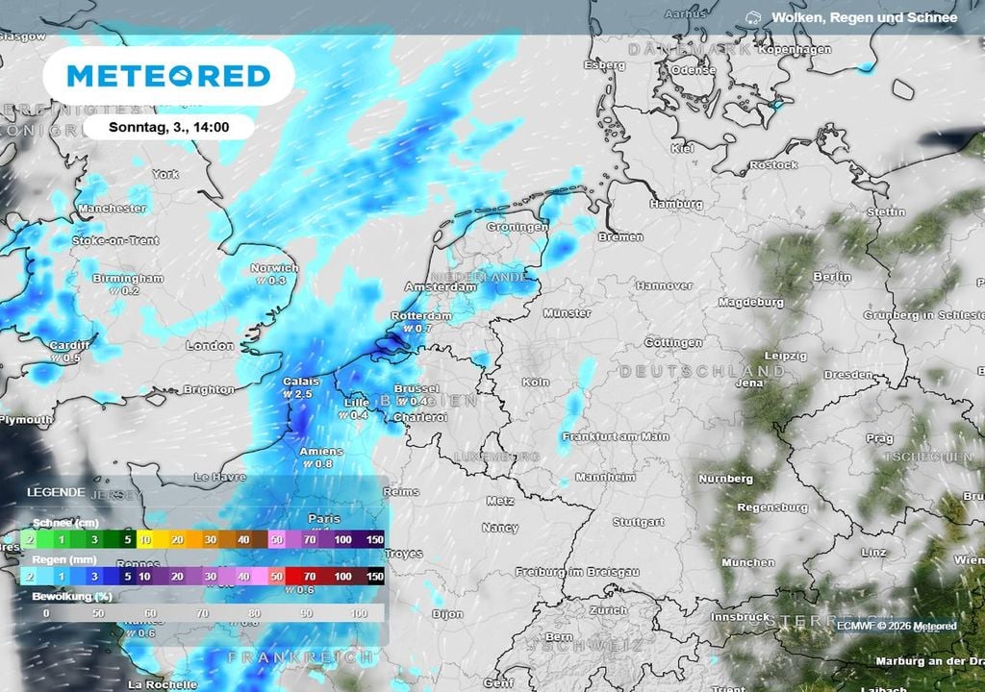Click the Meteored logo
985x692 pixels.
point(168,75)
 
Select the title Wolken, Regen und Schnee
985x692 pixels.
point(863,17)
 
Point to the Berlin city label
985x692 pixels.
point(832,277)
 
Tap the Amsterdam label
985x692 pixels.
point(441,286)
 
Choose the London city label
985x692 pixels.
point(210,345)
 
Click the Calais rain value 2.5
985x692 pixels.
point(304,394)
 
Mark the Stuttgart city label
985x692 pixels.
point(639,522)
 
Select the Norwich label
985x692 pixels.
point(274,268)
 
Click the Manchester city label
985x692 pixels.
point(112,208)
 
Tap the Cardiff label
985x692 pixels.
point(70,345)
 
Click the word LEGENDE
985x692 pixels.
point(56,491)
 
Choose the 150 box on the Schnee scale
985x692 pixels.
point(374,540)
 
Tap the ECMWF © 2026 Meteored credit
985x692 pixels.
point(897,627)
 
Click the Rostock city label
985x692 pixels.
point(774,165)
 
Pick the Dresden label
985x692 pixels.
point(848,375)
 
